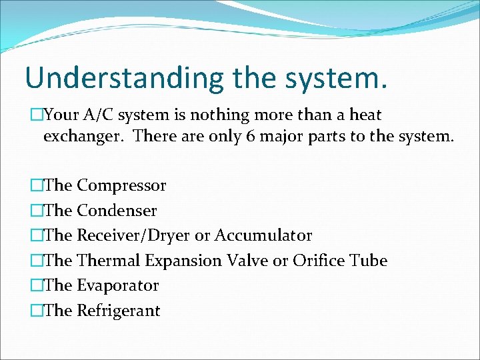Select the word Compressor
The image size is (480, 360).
point(121,185)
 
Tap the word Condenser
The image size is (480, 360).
point(117,211)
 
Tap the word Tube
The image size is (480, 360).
point(369,261)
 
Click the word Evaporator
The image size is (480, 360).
point(118,285)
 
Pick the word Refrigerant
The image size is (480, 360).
point(119,311)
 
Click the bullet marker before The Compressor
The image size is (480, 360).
point(36,185)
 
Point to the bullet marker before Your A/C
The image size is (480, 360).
point(36,115)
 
